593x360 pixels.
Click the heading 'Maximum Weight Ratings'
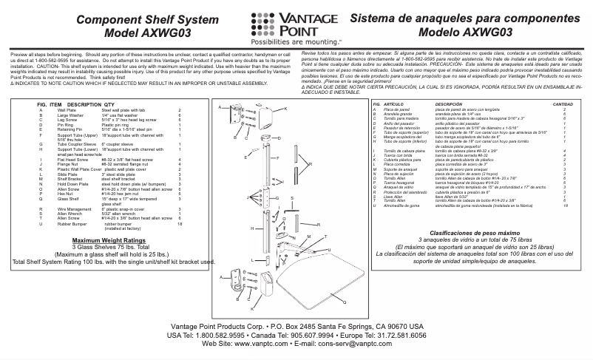pyautogui.click(x=104, y=241)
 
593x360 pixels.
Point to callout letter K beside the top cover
pyautogui.click(x=285, y=109)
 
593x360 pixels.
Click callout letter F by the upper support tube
pyautogui.click(x=277, y=158)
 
